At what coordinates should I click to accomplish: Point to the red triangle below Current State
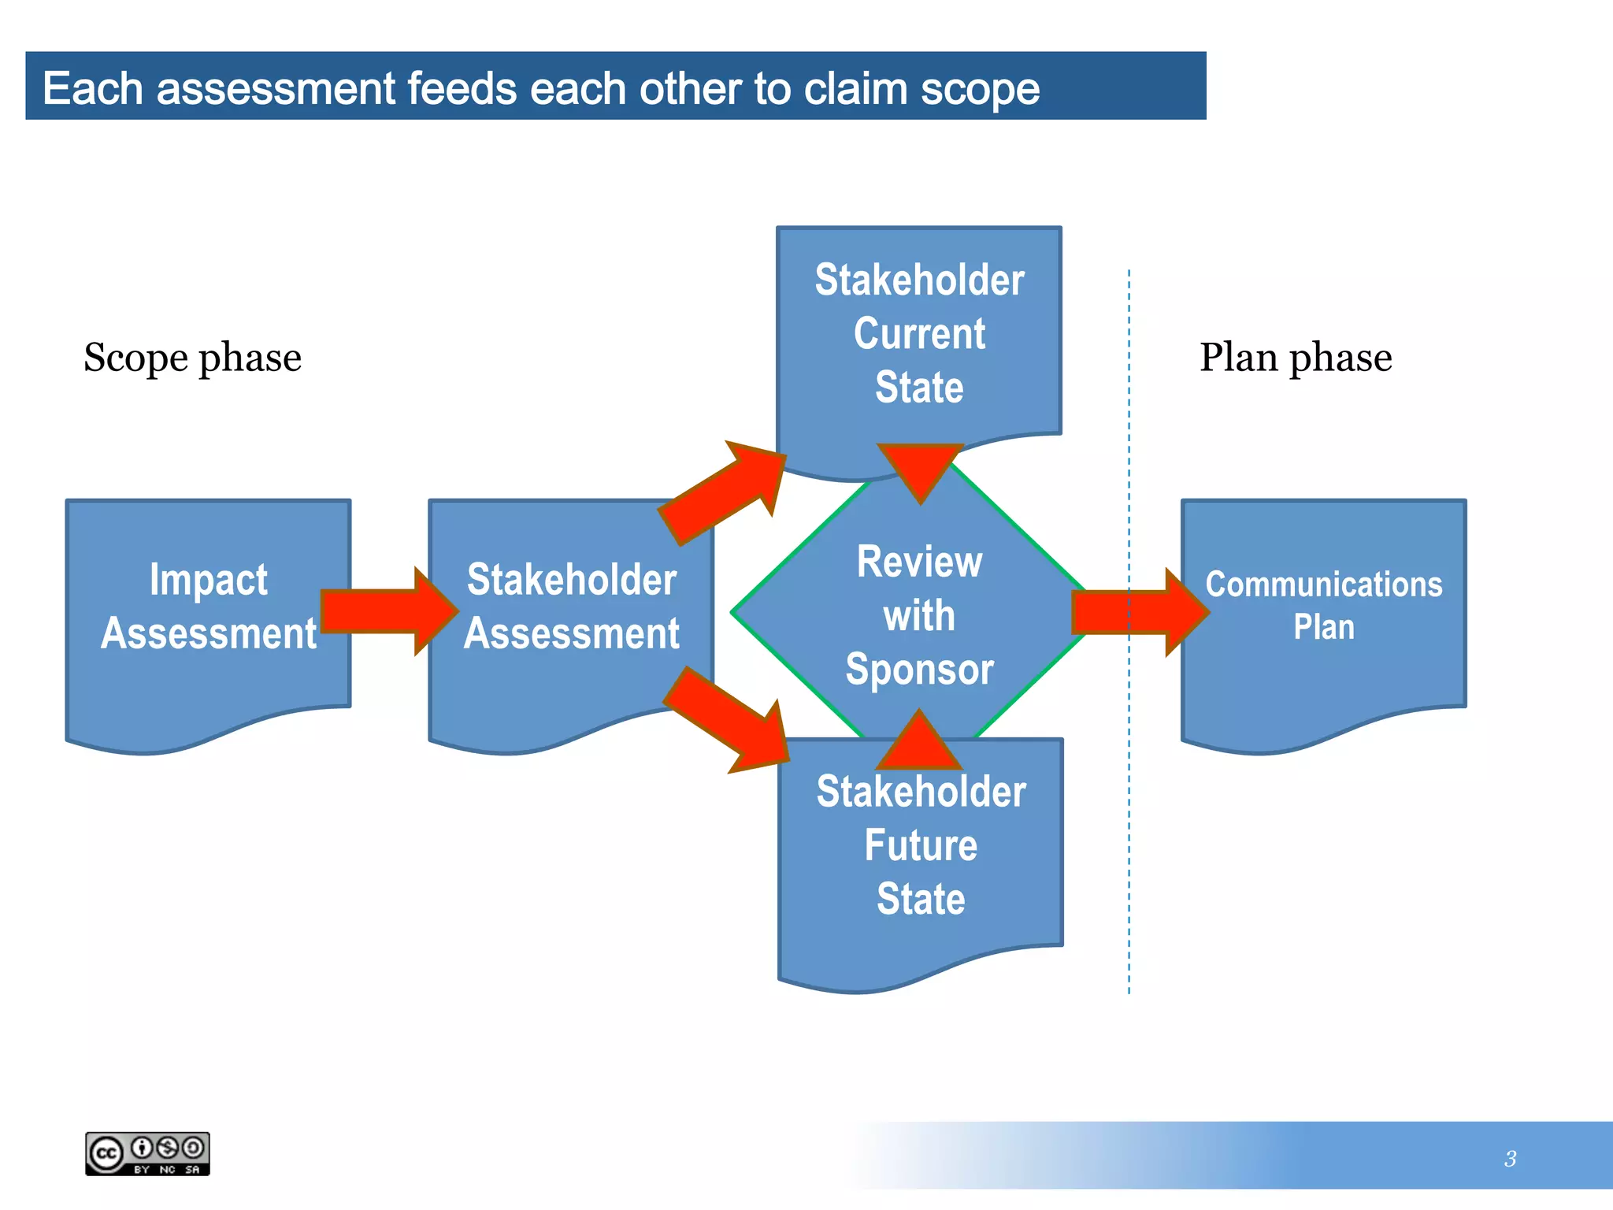pos(920,466)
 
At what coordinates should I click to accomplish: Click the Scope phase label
pos(192,358)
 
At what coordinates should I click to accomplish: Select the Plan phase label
pos(1295,358)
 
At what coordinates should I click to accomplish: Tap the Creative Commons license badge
pos(147,1154)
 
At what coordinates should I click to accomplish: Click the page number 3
pos(1510,1159)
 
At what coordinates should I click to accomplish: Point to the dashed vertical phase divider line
pos(1129,867)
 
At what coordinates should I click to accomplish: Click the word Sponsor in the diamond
pos(919,670)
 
